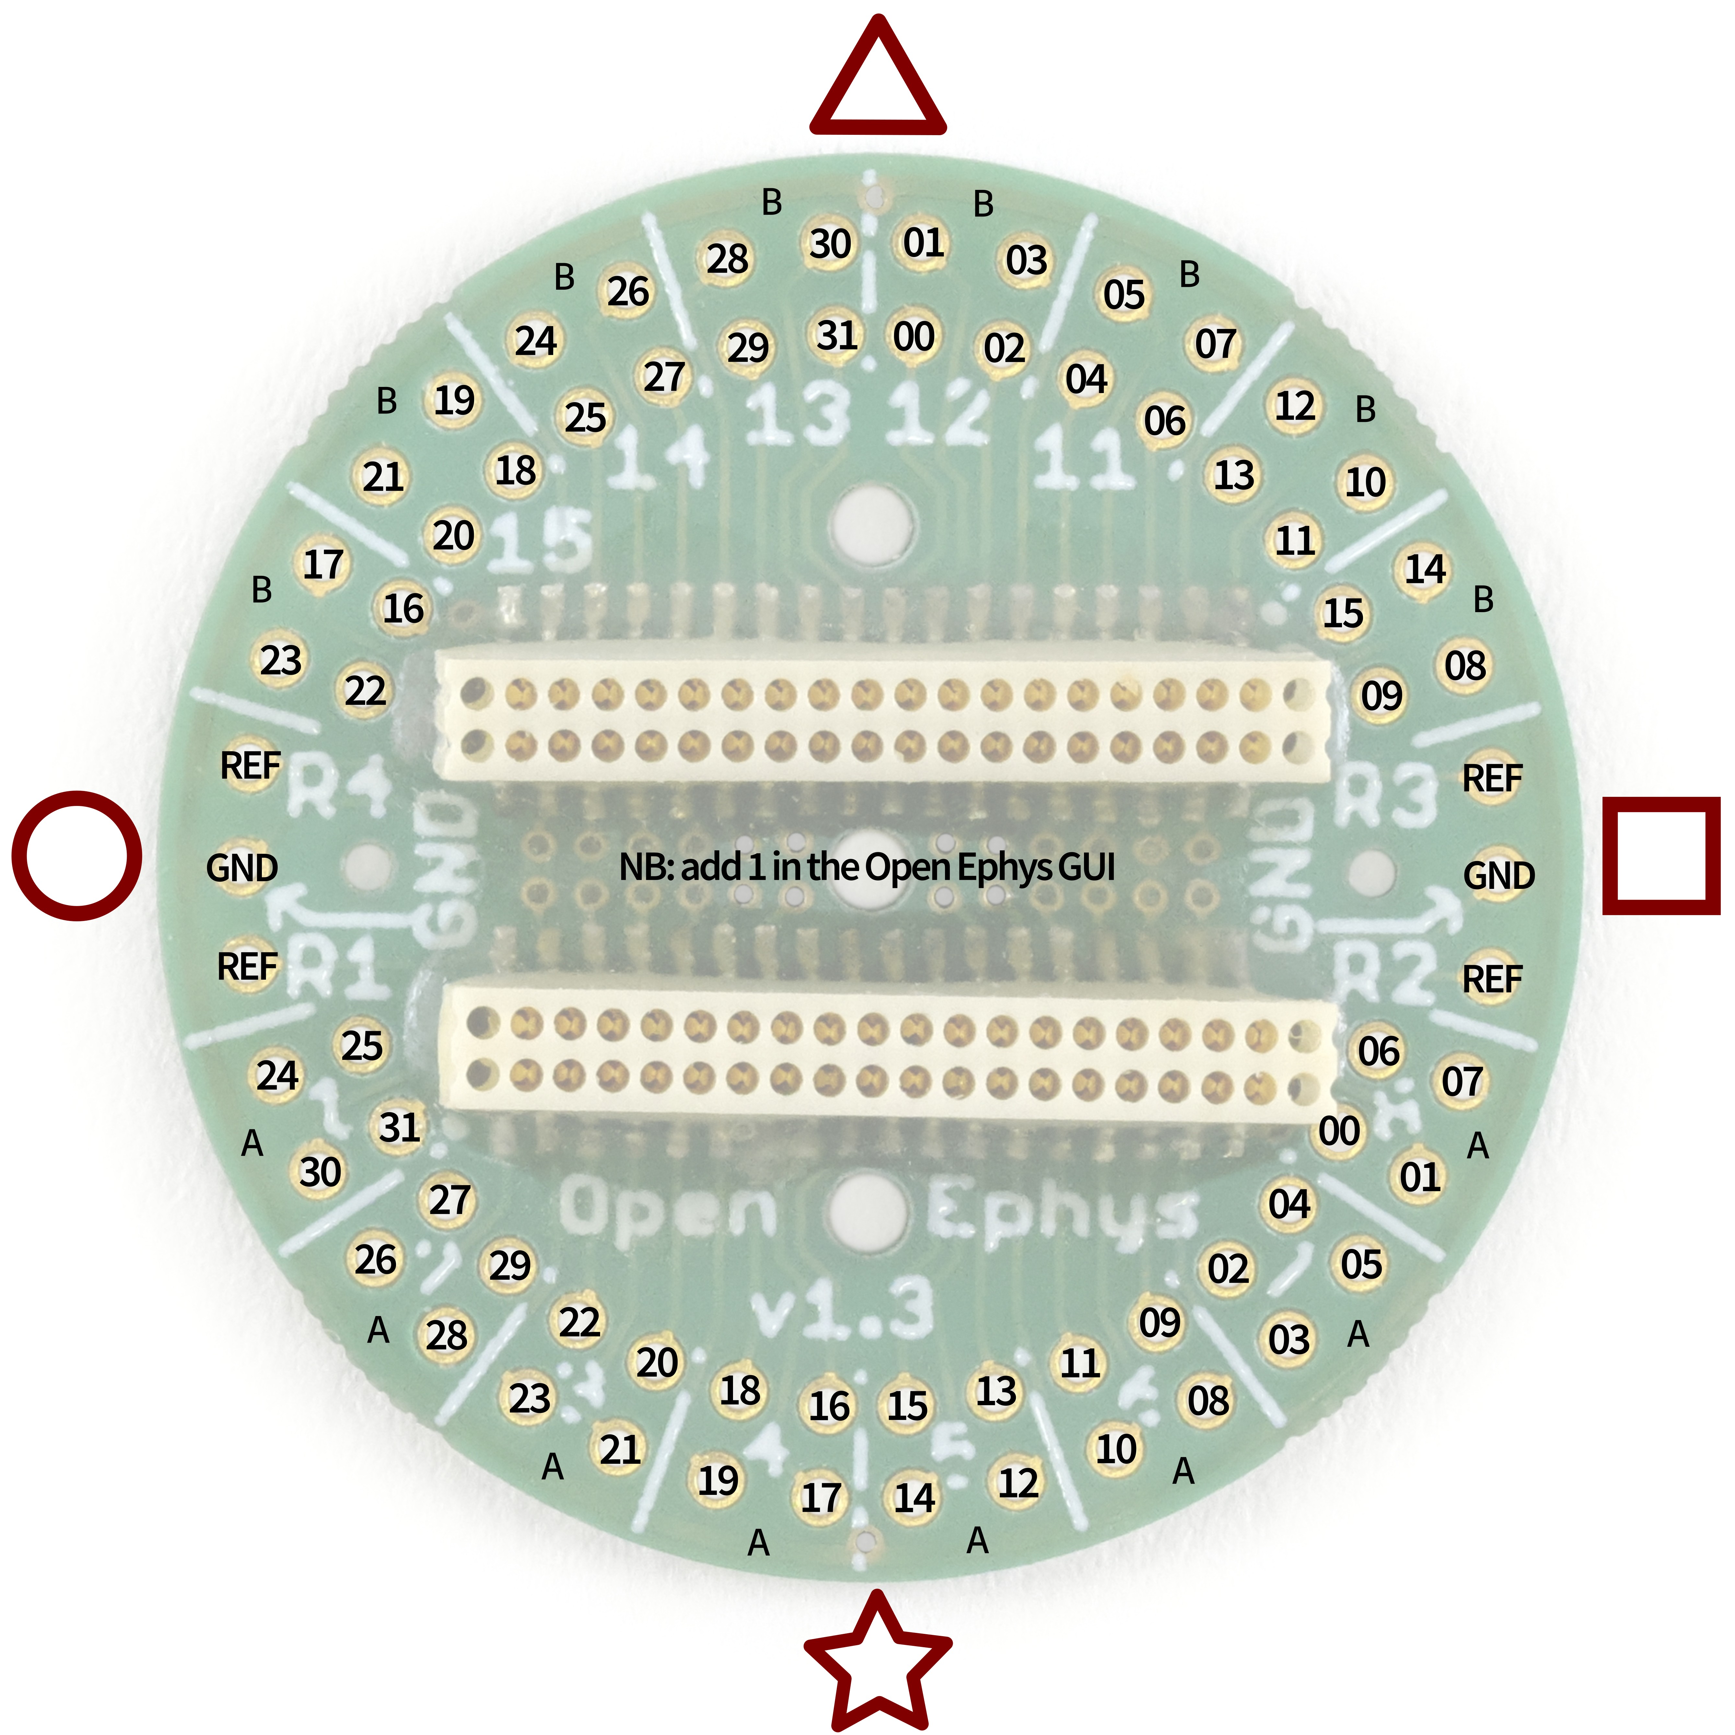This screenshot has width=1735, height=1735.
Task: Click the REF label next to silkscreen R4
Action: tap(250, 766)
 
